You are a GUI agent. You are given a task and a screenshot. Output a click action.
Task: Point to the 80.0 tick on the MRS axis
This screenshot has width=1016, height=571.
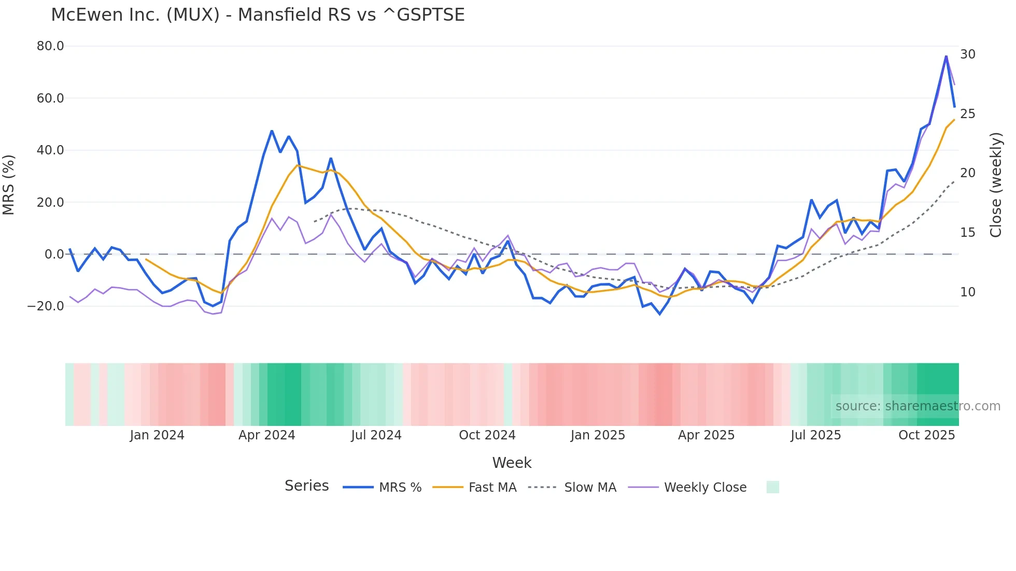[x=50, y=46]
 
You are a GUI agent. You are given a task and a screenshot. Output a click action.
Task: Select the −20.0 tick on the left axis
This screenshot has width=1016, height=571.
[x=46, y=306]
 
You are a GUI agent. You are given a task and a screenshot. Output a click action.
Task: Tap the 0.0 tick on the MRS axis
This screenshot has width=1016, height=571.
[x=54, y=254]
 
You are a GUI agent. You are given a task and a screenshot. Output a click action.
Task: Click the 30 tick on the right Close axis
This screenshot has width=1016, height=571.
[x=967, y=54]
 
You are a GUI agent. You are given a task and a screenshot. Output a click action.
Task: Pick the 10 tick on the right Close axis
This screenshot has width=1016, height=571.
[x=967, y=292]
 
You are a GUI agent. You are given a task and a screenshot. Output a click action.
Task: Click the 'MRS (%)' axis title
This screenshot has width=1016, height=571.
[x=9, y=185]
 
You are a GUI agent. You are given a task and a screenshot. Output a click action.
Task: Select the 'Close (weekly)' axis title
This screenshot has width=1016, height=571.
[x=996, y=185]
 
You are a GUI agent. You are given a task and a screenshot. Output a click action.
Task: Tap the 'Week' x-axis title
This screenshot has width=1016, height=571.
[x=512, y=463]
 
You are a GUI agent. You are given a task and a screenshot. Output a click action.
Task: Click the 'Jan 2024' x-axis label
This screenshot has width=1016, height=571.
[x=157, y=435]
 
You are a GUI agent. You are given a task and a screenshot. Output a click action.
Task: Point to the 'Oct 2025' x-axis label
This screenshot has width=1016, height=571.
[x=926, y=435]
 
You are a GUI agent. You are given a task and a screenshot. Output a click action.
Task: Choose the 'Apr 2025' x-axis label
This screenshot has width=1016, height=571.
[x=706, y=435]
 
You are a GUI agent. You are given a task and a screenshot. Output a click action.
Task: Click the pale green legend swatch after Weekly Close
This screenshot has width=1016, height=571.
[x=772, y=487]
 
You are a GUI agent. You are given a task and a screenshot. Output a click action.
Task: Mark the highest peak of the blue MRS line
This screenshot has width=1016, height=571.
[x=946, y=56]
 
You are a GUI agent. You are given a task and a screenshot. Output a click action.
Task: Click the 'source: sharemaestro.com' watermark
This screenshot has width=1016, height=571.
[x=918, y=406]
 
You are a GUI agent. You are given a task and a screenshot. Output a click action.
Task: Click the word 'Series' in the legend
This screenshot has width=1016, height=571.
[x=306, y=486]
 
